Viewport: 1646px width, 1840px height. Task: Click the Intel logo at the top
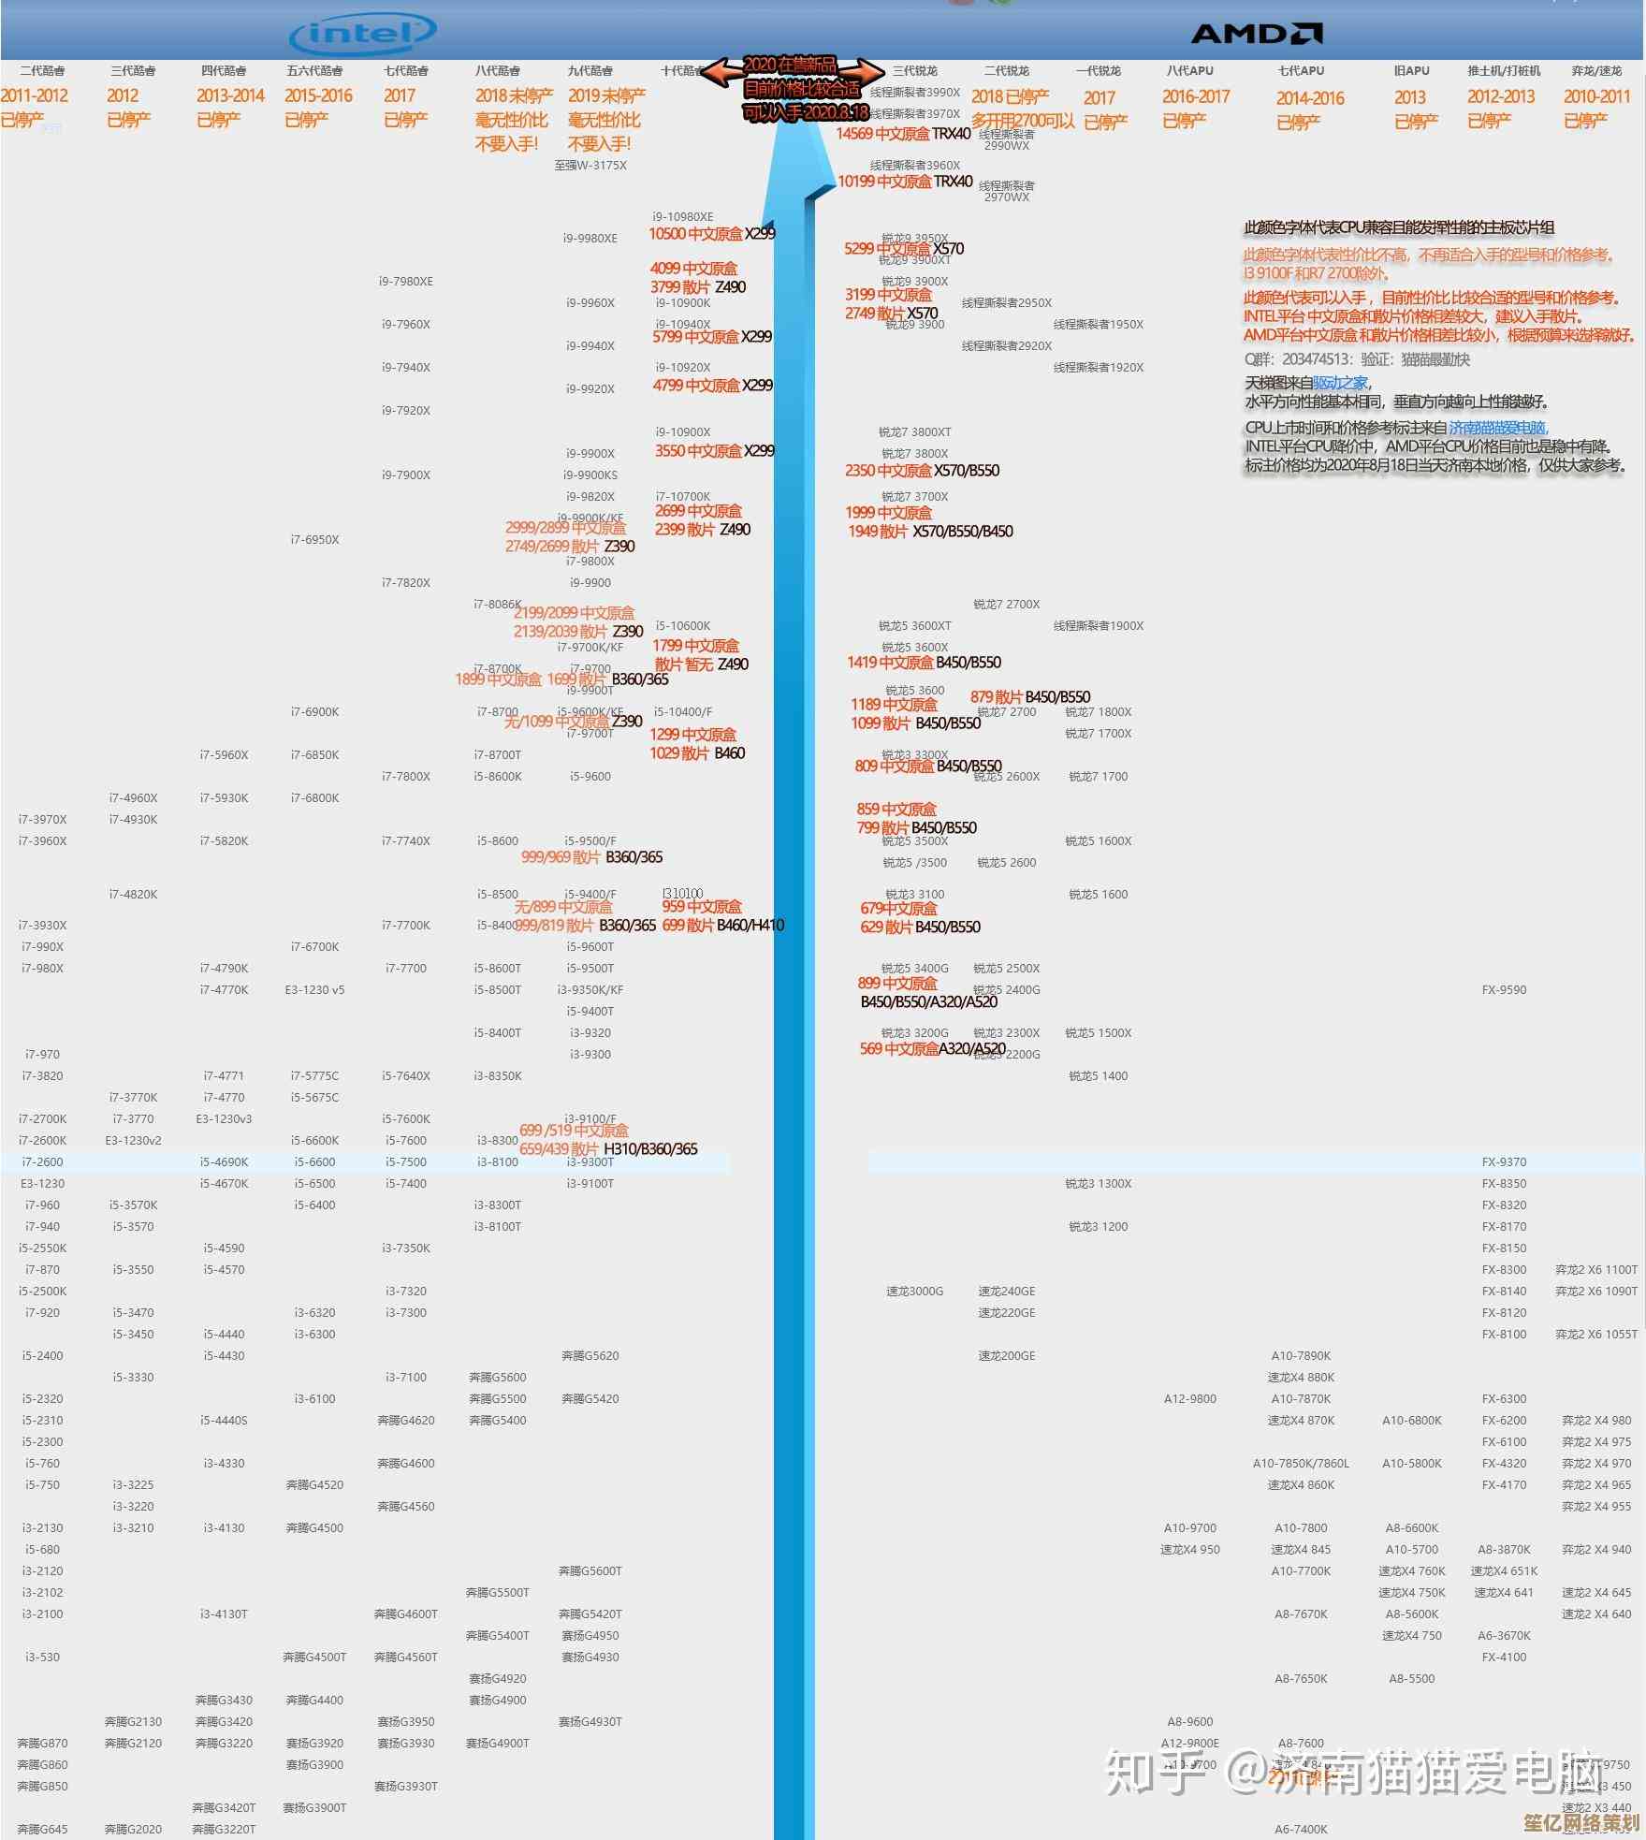click(x=362, y=36)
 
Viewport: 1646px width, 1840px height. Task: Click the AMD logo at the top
click(x=1256, y=35)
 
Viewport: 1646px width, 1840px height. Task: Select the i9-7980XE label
click(x=406, y=282)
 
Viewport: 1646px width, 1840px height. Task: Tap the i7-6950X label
click(x=314, y=540)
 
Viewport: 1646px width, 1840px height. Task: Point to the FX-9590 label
click(x=1504, y=990)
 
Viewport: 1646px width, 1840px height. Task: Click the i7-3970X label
click(x=42, y=820)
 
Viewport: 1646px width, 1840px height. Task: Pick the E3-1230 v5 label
click(x=314, y=990)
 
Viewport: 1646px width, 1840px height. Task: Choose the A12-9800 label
click(x=1190, y=1399)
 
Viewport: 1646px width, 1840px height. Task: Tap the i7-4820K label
click(x=133, y=895)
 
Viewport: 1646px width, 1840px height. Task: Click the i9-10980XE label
click(x=683, y=217)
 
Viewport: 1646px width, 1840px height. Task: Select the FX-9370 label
click(x=1504, y=1162)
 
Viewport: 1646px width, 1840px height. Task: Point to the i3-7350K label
click(x=406, y=1249)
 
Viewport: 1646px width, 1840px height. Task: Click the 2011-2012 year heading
click(x=35, y=95)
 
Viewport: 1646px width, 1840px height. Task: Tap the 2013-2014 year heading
click(x=230, y=95)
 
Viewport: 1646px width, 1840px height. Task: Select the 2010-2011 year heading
click(x=1596, y=96)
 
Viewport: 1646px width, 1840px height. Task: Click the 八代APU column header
click(x=1190, y=71)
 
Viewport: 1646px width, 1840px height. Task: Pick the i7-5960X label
click(x=224, y=755)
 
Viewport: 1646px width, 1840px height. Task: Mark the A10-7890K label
click(x=1301, y=1356)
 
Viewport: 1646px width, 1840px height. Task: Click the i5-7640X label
click(x=406, y=1076)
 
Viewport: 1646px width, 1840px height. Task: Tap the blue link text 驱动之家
click(x=1340, y=383)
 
